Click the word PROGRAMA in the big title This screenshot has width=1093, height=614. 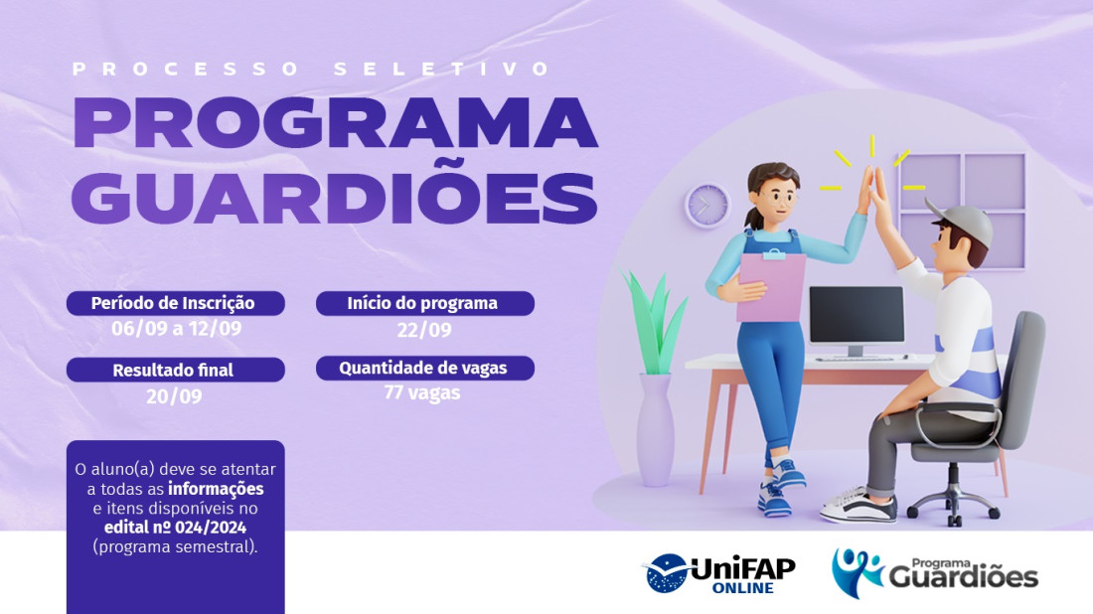point(335,123)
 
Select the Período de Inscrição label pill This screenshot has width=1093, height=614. point(176,303)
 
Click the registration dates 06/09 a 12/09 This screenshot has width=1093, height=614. point(176,328)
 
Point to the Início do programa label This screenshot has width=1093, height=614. point(425,303)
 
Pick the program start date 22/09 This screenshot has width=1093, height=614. point(424,330)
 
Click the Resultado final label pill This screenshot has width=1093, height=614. point(176,370)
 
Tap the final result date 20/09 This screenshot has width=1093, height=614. point(174,395)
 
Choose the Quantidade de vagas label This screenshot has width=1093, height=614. point(425,368)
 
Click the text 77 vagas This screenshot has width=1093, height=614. point(422,393)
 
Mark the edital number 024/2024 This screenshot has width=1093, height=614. point(211,528)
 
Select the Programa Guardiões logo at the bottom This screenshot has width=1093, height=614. point(935,573)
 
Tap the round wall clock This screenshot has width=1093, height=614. point(707,206)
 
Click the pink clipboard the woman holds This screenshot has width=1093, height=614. point(772,286)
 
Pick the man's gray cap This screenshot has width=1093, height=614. point(961,222)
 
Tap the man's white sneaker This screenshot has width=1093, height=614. point(859,508)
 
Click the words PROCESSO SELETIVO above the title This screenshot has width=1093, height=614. point(311,69)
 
